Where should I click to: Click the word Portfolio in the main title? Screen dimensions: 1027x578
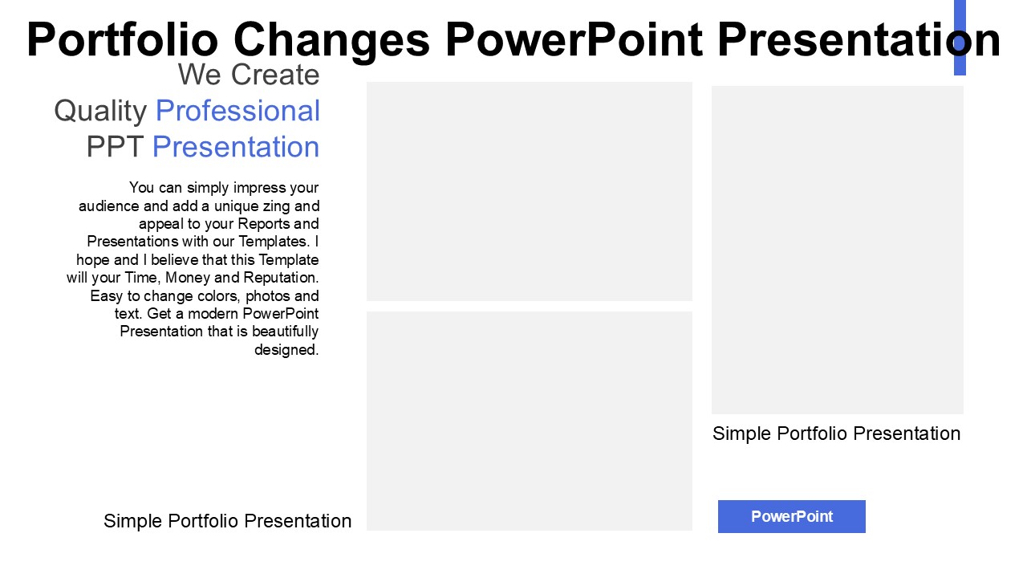click(x=123, y=39)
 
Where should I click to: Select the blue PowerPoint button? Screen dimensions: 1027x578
click(x=791, y=516)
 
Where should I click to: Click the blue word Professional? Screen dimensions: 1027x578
click(x=237, y=111)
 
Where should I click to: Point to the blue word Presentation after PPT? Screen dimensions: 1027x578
click(x=236, y=147)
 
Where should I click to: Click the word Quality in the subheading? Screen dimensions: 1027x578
click(x=100, y=112)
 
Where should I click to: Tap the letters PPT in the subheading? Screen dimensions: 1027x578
click(x=115, y=147)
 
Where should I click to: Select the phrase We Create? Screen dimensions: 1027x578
click(x=249, y=75)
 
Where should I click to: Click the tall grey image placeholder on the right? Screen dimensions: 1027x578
click(x=837, y=250)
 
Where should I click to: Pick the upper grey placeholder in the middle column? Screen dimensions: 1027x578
click(x=529, y=191)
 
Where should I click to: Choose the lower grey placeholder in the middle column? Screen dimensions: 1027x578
click(x=529, y=421)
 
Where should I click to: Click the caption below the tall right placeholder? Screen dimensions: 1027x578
click(x=836, y=433)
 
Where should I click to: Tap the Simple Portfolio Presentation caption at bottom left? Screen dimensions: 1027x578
click(x=227, y=521)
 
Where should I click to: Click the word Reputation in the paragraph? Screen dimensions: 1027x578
click(x=281, y=278)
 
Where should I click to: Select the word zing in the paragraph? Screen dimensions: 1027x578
click(x=277, y=206)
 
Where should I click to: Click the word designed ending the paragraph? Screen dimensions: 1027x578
click(x=286, y=349)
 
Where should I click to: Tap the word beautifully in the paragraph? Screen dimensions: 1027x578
click(x=285, y=332)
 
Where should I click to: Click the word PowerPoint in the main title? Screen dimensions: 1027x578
click(x=574, y=39)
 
